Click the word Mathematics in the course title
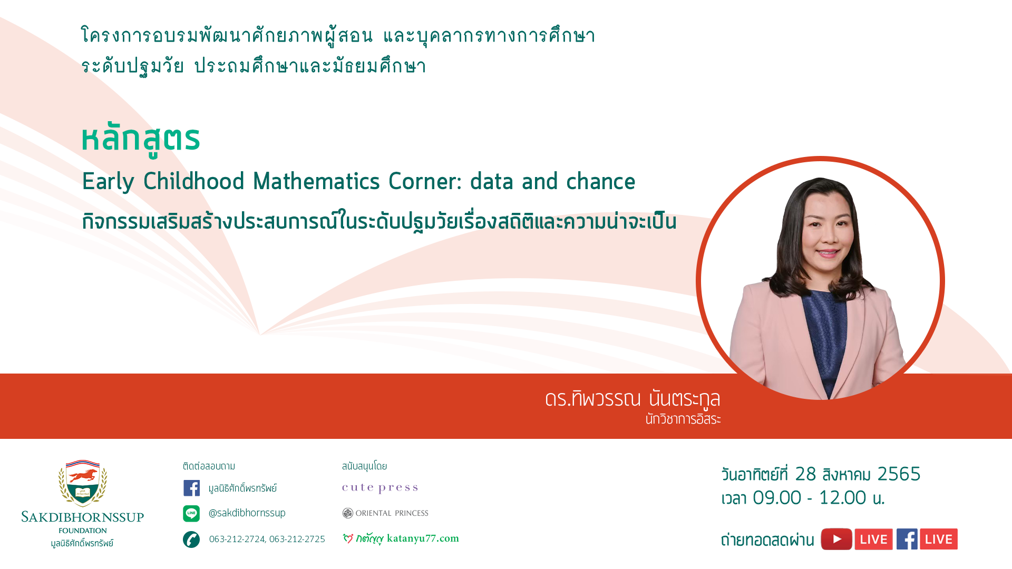(x=316, y=181)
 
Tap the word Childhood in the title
(x=194, y=181)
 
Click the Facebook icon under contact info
(x=191, y=488)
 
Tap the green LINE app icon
(x=191, y=513)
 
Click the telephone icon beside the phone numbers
(x=191, y=539)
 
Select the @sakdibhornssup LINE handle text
(x=247, y=513)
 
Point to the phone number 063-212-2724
(x=237, y=539)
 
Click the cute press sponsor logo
(x=380, y=488)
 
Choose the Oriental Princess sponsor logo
(x=385, y=513)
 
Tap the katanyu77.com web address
(x=423, y=538)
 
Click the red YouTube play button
(x=836, y=539)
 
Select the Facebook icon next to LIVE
(x=907, y=539)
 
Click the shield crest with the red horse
(x=83, y=483)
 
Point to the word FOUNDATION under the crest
(x=83, y=531)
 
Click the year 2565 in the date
(x=899, y=474)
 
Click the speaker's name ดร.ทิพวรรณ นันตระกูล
(x=632, y=399)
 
